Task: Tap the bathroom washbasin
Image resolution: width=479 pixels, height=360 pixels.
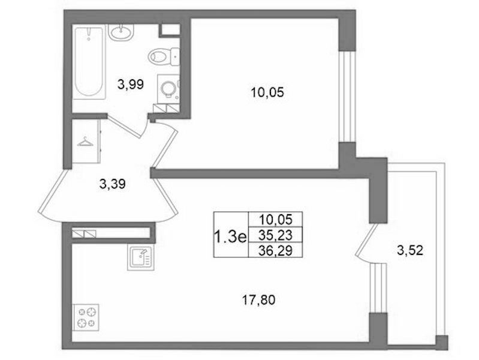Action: pos(121,32)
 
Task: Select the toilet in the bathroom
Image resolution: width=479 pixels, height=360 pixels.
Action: pos(164,56)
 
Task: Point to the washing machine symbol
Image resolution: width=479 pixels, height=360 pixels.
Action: pos(168,89)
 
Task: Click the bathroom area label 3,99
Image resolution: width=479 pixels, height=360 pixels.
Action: pos(131,84)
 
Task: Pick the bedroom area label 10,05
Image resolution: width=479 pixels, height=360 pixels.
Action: pos(267,92)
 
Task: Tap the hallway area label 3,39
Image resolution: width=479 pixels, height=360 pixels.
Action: pos(113,184)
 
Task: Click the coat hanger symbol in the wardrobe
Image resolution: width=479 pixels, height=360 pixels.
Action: pos(86,142)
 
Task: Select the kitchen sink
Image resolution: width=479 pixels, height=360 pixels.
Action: pos(141,257)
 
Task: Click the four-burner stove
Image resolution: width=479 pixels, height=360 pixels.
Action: pos(86,317)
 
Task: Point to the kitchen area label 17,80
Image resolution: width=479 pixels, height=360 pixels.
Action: pos(259,300)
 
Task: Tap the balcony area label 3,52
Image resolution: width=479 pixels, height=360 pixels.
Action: pos(410,251)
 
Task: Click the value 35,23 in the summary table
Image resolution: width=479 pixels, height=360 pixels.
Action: pos(276,235)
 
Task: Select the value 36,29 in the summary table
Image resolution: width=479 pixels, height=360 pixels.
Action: pos(276,251)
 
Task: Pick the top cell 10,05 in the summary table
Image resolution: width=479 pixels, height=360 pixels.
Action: pos(276,220)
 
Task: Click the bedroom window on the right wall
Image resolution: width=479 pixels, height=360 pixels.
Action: pos(348,97)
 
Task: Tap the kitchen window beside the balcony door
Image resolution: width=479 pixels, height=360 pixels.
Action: pos(378,288)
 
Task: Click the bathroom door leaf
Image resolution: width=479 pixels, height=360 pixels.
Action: pos(125,126)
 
